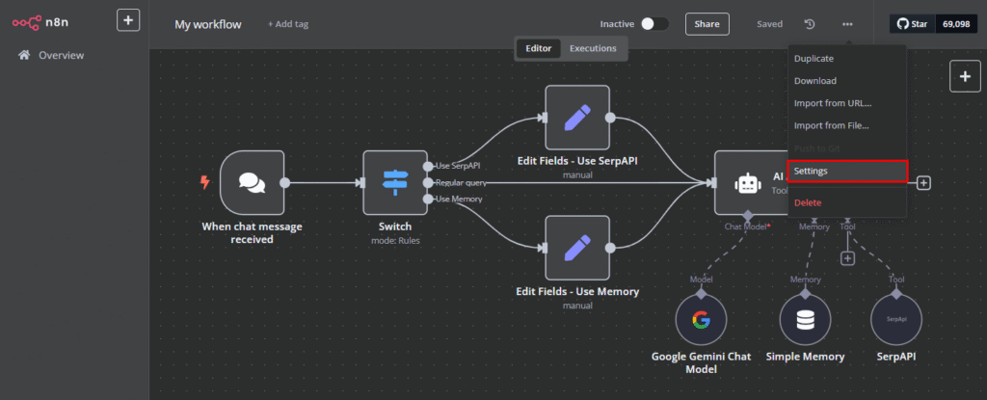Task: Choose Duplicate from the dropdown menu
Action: pos(814,59)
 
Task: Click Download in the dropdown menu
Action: pos(814,81)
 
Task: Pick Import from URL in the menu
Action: pos(832,103)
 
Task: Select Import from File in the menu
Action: pos(831,125)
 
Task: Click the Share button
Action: pos(707,24)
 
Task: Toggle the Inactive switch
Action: pos(654,24)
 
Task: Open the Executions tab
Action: pos(592,47)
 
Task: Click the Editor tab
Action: pos(538,47)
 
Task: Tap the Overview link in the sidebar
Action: pos(61,56)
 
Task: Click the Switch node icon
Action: pos(395,182)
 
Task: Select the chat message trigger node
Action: pos(252,182)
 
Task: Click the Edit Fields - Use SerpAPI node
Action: pos(577,118)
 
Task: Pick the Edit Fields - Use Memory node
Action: pos(577,248)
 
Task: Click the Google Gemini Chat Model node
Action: pos(701,320)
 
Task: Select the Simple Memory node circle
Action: pos(805,320)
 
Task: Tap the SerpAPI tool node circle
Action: pos(896,320)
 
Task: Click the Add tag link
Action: pos(289,24)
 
